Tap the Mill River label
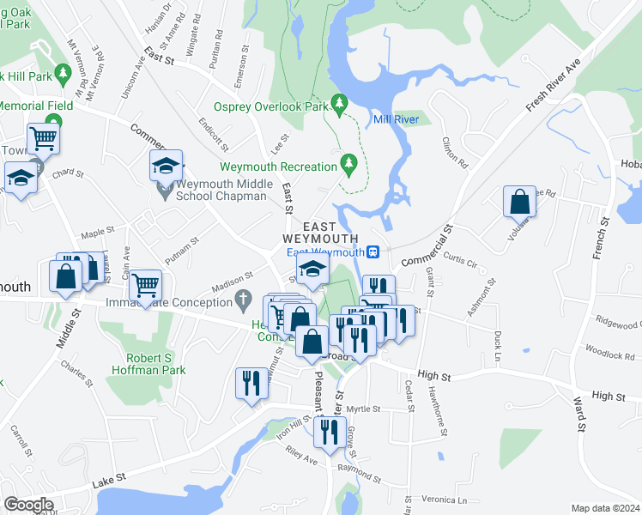396,119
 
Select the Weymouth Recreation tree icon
348,162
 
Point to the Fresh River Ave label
554,85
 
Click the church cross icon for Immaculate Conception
244,301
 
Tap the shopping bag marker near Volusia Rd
519,203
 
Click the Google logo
28,505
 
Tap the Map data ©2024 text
606,507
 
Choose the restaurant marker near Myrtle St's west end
250,382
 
